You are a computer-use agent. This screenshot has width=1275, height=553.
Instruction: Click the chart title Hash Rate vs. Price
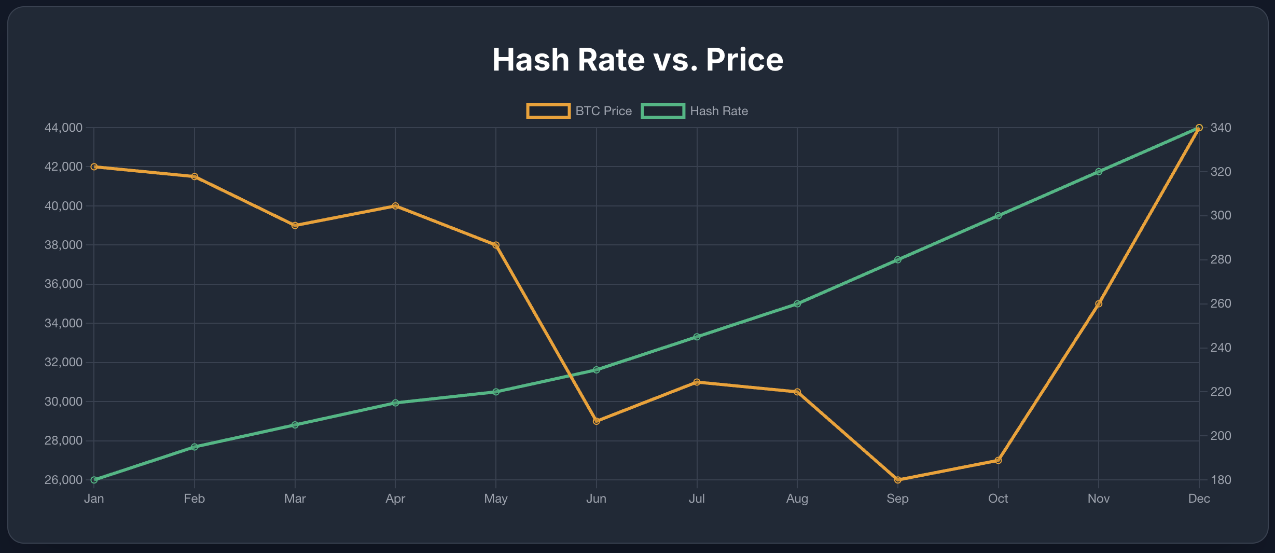637,60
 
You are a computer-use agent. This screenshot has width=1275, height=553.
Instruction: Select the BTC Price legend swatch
548,111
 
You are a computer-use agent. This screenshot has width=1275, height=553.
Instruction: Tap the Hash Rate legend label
718,111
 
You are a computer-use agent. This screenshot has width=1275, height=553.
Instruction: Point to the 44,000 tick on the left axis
63,128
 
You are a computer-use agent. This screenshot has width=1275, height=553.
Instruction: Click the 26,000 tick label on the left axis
63,480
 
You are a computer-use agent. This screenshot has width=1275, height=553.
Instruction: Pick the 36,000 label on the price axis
63,284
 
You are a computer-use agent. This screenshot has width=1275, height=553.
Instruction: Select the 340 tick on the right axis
1221,128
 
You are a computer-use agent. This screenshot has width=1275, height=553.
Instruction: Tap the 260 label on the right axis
1221,303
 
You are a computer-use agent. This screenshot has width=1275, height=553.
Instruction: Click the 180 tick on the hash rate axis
1221,480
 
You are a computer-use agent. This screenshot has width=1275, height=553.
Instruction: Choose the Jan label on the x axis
94,499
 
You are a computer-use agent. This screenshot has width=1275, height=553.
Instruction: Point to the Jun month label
596,499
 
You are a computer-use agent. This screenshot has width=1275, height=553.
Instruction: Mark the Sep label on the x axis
897,499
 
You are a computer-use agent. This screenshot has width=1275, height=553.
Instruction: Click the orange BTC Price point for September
898,480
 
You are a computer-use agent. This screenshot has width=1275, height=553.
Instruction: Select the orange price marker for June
597,421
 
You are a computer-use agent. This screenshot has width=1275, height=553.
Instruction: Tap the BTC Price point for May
496,245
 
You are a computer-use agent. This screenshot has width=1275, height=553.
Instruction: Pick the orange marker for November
1099,304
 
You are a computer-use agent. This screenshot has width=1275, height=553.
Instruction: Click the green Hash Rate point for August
797,304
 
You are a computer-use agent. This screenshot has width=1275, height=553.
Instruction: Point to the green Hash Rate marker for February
195,447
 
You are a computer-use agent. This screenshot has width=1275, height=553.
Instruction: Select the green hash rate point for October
998,216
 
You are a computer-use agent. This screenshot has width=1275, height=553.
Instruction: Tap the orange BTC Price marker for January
94,167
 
